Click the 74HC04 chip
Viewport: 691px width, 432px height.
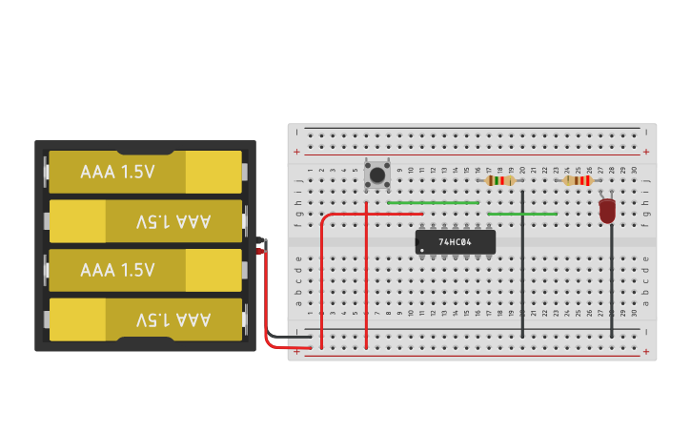456,242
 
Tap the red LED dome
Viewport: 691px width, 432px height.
607,211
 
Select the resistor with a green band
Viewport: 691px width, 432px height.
500,180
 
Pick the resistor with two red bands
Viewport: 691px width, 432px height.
579,180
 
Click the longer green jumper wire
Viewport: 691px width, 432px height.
434,203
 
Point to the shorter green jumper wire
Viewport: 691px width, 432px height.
522,215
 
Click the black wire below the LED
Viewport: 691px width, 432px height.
612,280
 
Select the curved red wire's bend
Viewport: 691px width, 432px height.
325,217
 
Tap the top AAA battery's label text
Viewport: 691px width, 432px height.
117,172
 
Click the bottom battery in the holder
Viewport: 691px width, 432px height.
146,319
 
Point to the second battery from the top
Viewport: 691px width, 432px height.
146,221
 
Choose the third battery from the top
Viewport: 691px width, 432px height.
146,270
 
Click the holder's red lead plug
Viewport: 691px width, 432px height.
261,251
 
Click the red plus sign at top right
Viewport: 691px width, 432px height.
646,152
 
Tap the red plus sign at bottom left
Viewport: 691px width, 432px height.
297,351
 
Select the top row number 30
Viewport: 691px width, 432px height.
634,170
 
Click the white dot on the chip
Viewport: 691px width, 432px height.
422,251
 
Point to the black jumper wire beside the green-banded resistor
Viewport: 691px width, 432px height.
522,264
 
